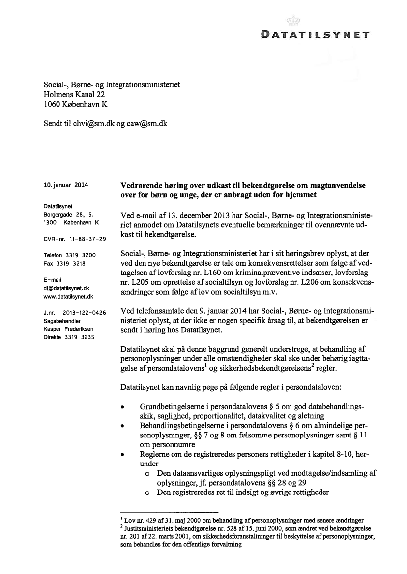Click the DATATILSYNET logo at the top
pos(315,35)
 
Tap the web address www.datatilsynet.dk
pos(68,297)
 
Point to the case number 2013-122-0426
pos(85,313)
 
